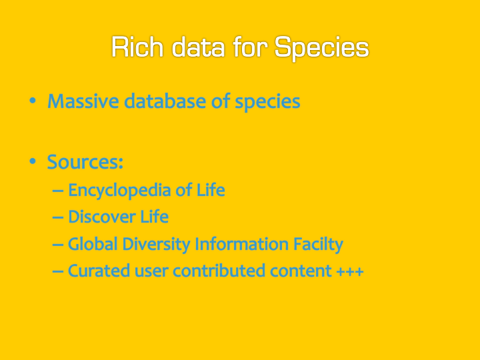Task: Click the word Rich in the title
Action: click(x=137, y=47)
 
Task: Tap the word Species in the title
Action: click(x=322, y=49)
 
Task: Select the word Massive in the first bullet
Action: click(x=83, y=101)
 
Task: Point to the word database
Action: click(x=165, y=101)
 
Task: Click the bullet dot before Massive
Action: click(x=33, y=101)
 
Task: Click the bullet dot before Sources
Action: click(x=33, y=161)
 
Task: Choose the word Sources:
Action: click(x=85, y=161)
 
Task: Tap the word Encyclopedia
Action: click(x=120, y=191)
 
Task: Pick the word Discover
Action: click(x=102, y=217)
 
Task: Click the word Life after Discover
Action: click(x=155, y=217)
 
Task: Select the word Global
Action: click(x=93, y=244)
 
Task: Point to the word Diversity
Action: click(x=156, y=245)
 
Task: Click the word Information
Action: click(x=241, y=244)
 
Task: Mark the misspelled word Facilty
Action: click(x=318, y=245)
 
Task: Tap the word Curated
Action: click(x=99, y=271)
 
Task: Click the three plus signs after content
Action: click(x=350, y=271)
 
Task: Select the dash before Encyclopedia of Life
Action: click(x=58, y=191)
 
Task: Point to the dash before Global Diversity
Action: click(x=58, y=245)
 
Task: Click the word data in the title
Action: click(x=198, y=47)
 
